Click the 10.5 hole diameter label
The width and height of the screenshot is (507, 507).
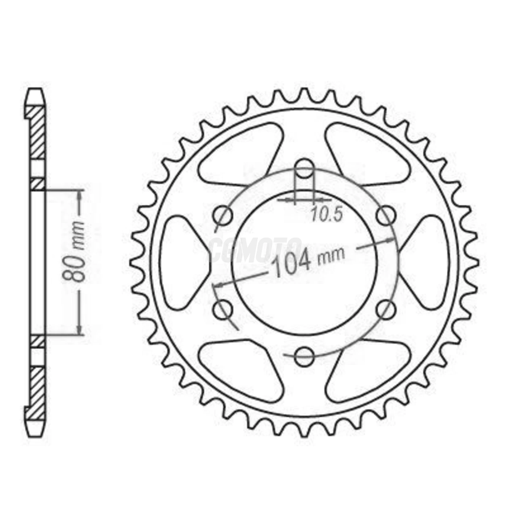point(326,215)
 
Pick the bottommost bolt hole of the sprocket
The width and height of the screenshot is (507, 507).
point(304,357)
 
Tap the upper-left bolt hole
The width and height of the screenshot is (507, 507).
point(223,216)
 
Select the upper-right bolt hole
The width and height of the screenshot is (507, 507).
point(385,216)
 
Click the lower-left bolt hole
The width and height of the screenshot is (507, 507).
point(223,310)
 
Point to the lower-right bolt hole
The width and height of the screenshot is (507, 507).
point(385,310)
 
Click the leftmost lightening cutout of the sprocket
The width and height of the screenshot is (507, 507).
point(181,262)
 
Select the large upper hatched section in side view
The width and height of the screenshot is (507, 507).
point(37,133)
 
